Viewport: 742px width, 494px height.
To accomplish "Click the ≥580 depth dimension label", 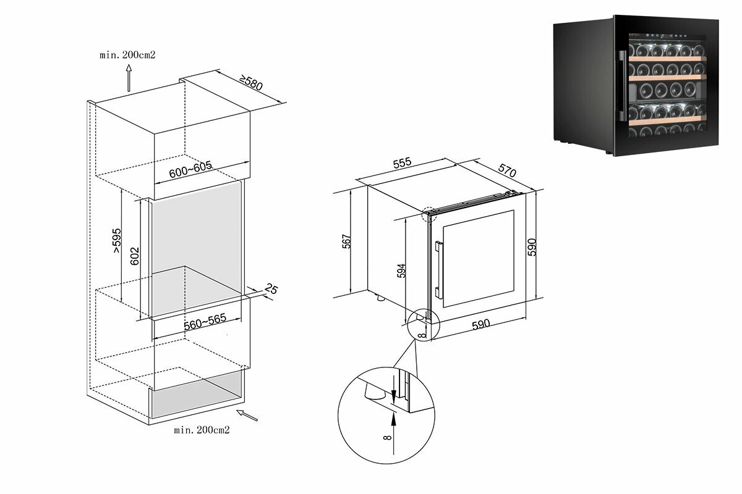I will [x=250, y=83].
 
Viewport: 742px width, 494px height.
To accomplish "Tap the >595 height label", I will [x=117, y=240].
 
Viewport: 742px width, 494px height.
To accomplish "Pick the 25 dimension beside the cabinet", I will [x=271, y=288].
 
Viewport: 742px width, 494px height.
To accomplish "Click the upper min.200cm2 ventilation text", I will [x=127, y=54].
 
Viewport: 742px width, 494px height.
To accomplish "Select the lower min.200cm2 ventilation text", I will [x=202, y=430].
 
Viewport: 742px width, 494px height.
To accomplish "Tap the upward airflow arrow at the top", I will [x=129, y=79].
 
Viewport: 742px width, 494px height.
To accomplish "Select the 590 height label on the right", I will [x=532, y=246].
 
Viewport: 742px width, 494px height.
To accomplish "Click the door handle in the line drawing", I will [x=438, y=267].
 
